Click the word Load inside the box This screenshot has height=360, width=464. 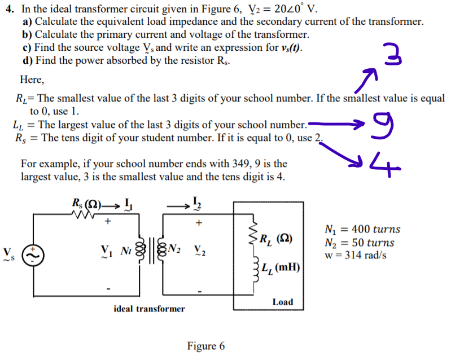[x=282, y=302]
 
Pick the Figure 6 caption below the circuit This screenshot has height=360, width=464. [x=206, y=346]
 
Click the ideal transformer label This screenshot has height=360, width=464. [x=149, y=309]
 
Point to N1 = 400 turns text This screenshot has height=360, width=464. [x=363, y=230]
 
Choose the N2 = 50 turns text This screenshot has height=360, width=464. [x=360, y=243]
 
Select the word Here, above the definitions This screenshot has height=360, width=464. [x=32, y=80]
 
